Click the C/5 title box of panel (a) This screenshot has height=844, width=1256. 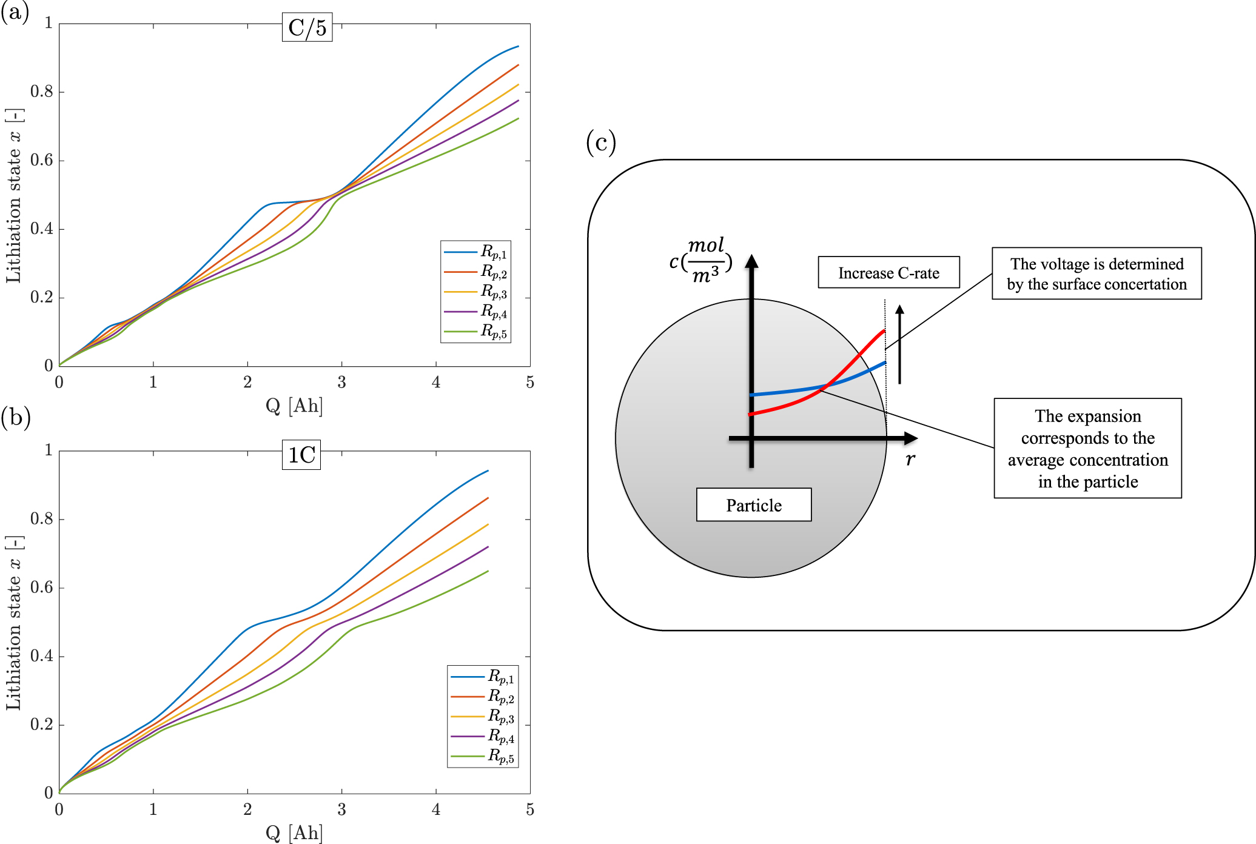click(307, 27)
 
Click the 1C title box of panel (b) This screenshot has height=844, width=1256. click(301, 455)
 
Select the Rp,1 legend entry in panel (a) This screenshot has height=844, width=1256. click(476, 252)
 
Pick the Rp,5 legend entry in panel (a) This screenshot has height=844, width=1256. click(476, 332)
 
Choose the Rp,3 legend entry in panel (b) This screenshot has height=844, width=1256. click(483, 717)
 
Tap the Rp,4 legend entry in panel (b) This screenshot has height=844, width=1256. click(483, 737)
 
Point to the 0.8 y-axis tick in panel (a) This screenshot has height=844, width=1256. click(41, 92)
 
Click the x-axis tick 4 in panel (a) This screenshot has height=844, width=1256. click(436, 383)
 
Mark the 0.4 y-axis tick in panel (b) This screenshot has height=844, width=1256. click(41, 656)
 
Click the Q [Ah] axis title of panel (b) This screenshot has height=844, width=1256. click(294, 832)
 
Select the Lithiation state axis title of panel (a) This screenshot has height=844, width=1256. click(13, 195)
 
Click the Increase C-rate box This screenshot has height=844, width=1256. click(888, 272)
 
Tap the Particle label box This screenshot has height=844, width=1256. click(754, 504)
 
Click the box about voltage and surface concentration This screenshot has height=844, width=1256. click(1096, 273)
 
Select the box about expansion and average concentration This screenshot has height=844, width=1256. click(1087, 448)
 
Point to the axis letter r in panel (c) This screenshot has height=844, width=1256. click(910, 460)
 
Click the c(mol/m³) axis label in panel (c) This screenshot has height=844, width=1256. click(701, 261)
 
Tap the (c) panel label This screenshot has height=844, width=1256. click(600, 142)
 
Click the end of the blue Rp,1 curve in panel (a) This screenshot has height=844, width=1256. click(518, 46)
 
